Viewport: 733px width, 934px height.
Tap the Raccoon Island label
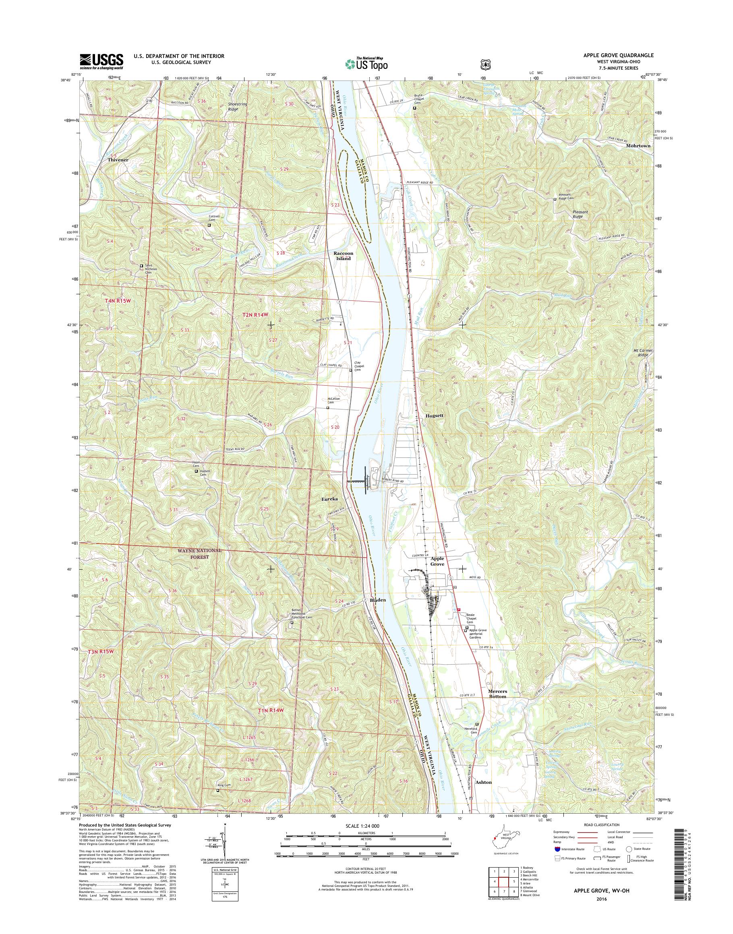342,256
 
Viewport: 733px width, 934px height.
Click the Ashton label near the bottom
484,782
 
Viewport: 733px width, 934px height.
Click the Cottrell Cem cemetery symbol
209,225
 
